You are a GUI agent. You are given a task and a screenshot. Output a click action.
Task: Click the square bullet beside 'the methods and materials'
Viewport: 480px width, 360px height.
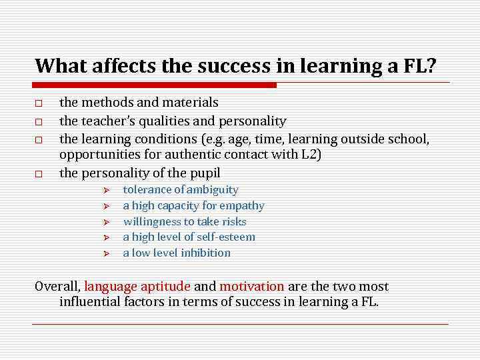pos(39,104)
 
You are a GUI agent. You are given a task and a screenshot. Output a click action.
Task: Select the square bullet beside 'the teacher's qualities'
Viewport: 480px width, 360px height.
pos(39,123)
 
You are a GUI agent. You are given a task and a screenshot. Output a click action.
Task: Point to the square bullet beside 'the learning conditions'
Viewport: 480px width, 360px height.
pos(39,141)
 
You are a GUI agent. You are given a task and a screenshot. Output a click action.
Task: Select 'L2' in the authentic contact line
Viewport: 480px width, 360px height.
pos(309,155)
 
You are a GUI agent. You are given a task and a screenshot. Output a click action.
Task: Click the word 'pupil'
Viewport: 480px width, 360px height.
pos(205,173)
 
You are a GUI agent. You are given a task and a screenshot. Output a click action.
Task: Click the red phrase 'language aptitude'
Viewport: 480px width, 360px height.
pos(137,287)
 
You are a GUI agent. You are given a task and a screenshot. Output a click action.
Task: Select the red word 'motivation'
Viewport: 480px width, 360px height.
pos(252,287)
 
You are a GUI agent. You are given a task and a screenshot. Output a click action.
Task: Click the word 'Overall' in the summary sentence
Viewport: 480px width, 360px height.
pos(57,287)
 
